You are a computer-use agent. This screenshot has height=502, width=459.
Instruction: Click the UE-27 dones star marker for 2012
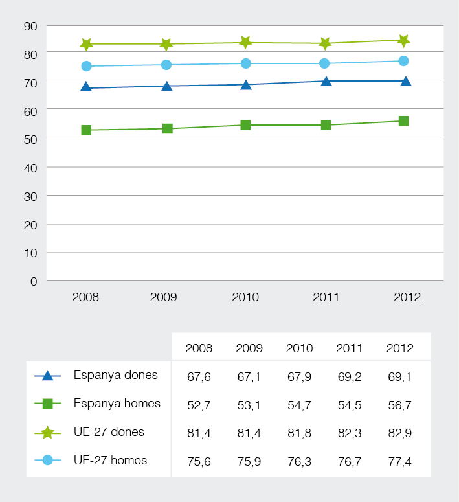click(x=404, y=41)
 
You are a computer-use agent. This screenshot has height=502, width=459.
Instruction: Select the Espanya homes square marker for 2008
click(x=86, y=130)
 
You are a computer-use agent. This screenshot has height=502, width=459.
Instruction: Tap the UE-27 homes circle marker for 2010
click(x=246, y=63)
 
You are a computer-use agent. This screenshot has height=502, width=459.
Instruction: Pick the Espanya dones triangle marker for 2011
click(x=326, y=81)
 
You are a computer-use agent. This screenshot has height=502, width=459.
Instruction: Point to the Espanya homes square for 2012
click(x=404, y=121)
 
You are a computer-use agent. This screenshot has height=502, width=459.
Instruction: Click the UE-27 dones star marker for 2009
click(x=166, y=45)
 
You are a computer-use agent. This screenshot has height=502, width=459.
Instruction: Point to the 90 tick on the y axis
click(x=30, y=26)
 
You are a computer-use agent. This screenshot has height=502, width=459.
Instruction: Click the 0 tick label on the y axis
click(x=34, y=281)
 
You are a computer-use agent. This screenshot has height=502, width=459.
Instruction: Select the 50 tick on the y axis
click(x=30, y=139)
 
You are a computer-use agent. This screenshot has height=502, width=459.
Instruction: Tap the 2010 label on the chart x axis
click(x=245, y=297)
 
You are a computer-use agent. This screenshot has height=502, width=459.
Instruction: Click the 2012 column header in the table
click(x=399, y=348)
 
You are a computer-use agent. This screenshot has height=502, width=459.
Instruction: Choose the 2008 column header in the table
click(x=199, y=348)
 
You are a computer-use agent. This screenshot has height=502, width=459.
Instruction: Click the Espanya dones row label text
click(x=115, y=375)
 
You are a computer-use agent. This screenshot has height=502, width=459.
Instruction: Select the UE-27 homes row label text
click(x=110, y=461)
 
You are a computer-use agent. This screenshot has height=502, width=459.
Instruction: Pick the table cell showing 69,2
click(x=349, y=376)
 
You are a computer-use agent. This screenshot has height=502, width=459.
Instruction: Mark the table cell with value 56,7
click(x=399, y=404)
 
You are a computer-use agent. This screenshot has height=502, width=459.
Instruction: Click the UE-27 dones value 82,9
click(x=399, y=433)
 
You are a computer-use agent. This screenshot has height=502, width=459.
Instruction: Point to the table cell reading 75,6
click(x=199, y=461)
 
